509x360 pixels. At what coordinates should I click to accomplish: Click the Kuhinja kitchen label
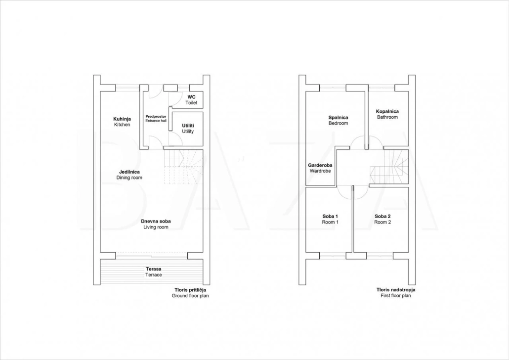pos(122,122)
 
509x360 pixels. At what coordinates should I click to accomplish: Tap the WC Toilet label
pos(191,100)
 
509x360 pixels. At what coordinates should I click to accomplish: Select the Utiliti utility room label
pos(188,129)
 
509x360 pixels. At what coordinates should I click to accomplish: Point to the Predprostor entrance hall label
pos(156,118)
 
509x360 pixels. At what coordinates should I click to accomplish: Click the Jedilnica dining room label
pos(129,175)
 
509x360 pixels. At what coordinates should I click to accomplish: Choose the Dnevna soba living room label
pos(156,224)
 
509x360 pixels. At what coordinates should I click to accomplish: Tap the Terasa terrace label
pos(154,271)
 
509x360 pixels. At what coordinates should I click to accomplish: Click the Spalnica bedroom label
pos(338,120)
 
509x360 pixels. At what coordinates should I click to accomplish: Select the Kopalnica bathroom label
pos(387,114)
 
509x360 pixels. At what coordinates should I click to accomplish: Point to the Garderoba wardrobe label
pos(320,168)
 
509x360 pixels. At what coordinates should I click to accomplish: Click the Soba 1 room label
pos(330,220)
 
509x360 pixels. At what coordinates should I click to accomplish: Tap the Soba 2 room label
pos(382,220)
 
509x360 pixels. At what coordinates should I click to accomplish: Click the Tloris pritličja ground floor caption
pos(190,293)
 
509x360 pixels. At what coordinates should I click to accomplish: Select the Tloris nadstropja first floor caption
pos(396,293)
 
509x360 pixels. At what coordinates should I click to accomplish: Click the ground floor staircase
pos(183,167)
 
